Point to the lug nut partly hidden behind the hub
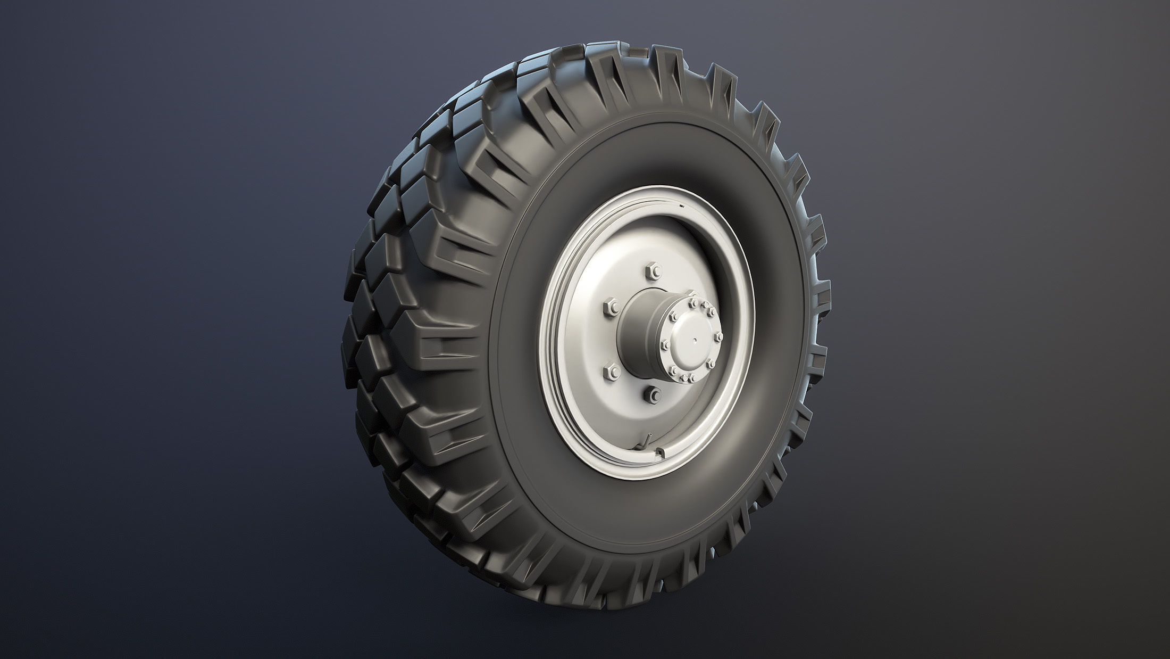pyautogui.click(x=691, y=294)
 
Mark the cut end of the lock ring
pyautogui.click(x=661, y=453)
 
